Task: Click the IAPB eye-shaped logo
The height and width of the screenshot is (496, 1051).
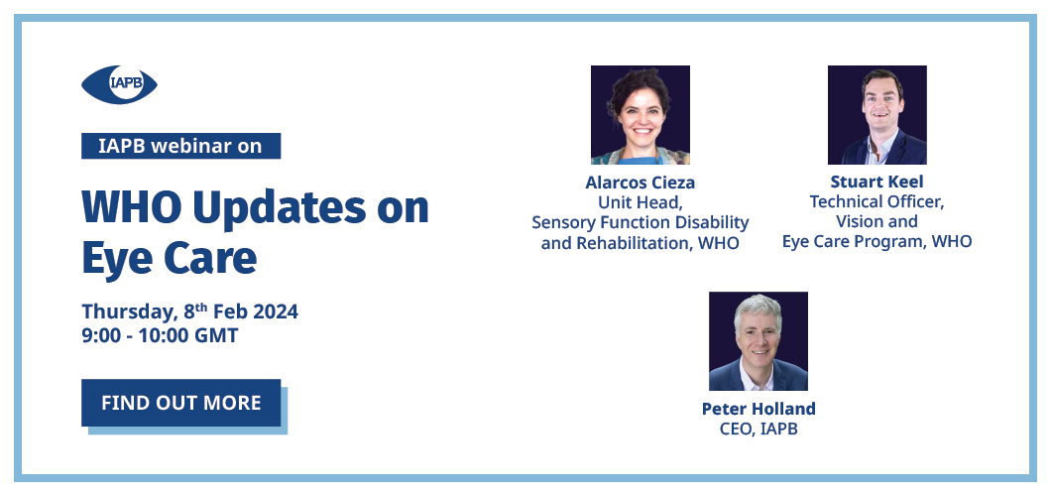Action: [x=119, y=85]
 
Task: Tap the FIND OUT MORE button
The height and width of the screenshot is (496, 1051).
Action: [x=181, y=403]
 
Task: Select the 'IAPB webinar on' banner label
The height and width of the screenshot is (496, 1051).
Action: [x=181, y=146]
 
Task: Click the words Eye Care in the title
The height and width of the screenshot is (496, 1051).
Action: [x=169, y=259]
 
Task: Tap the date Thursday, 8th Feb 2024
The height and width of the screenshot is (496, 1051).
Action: [x=189, y=311]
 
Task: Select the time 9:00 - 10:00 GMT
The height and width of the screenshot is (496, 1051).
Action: [x=160, y=335]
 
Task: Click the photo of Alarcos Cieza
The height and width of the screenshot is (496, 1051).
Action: [x=641, y=115]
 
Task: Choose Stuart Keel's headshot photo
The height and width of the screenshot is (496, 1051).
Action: [x=877, y=115]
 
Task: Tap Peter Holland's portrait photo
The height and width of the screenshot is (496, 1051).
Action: [x=759, y=341]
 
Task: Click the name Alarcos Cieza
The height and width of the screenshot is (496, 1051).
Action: [x=641, y=183]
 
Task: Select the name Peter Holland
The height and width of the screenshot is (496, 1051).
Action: [x=759, y=408]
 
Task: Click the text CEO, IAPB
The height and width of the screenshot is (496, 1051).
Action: [x=759, y=429]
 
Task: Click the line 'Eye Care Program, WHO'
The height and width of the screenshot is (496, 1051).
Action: [x=876, y=241]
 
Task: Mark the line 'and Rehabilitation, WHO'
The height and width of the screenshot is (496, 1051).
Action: [x=641, y=243]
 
